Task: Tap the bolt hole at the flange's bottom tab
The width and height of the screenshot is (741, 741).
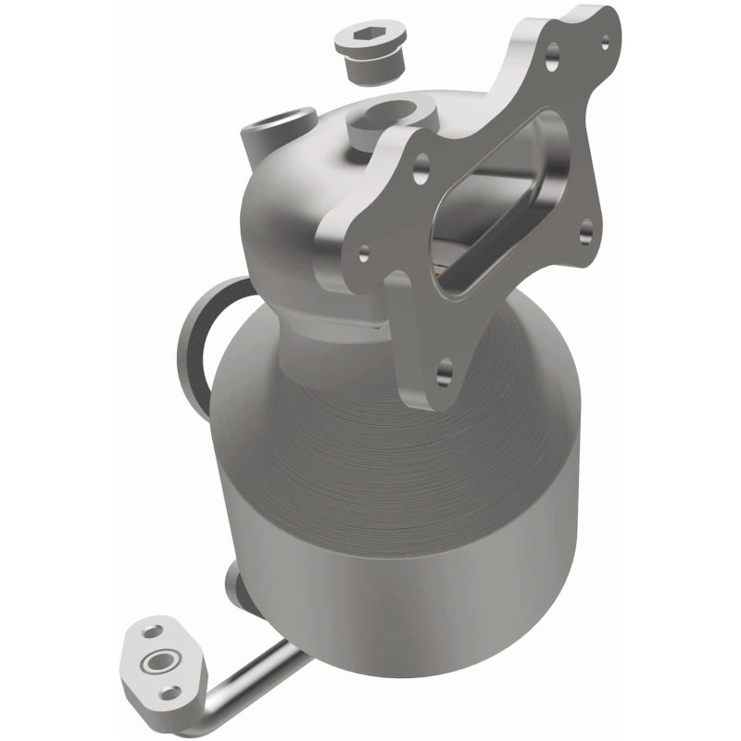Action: pyautogui.click(x=443, y=372)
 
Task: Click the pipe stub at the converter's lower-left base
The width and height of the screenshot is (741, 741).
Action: pyautogui.click(x=233, y=584)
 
